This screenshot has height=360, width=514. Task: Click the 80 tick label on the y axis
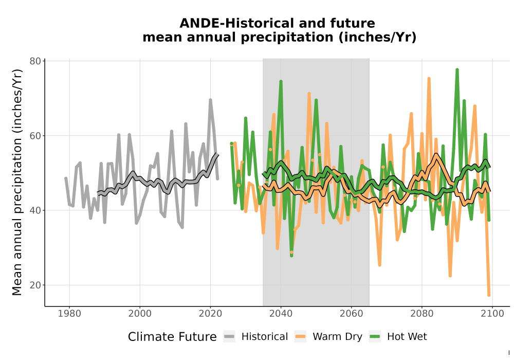pyautogui.click(x=35, y=61)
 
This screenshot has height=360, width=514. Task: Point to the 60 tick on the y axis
pyautogui.click(x=35, y=136)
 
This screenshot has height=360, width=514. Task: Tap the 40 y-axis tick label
pyautogui.click(x=35, y=210)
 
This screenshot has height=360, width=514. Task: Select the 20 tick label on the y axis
pyautogui.click(x=35, y=285)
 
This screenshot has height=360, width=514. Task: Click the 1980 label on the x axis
pyautogui.click(x=69, y=314)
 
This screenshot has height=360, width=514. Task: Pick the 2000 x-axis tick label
pyautogui.click(x=140, y=314)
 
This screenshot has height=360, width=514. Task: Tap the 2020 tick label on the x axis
pyautogui.click(x=210, y=314)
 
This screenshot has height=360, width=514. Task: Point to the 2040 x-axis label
pyautogui.click(x=281, y=314)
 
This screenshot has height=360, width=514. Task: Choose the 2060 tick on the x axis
pyautogui.click(x=352, y=314)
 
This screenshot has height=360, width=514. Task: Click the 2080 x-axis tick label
pyautogui.click(x=422, y=314)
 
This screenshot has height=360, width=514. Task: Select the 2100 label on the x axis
pyautogui.click(x=492, y=314)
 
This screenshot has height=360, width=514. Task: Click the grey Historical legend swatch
pyautogui.click(x=229, y=337)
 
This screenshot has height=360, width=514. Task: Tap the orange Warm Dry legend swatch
pyautogui.click(x=300, y=337)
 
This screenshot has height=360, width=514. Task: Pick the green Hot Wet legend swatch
pyautogui.click(x=375, y=337)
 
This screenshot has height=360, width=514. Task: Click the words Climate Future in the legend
pyautogui.click(x=172, y=337)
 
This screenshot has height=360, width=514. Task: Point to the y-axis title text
pyautogui.click(x=17, y=182)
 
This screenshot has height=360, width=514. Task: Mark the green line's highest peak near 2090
pyautogui.click(x=457, y=69)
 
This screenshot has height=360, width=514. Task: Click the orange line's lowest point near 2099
pyautogui.click(x=489, y=295)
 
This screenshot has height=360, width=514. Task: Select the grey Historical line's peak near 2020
pyautogui.click(x=210, y=100)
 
